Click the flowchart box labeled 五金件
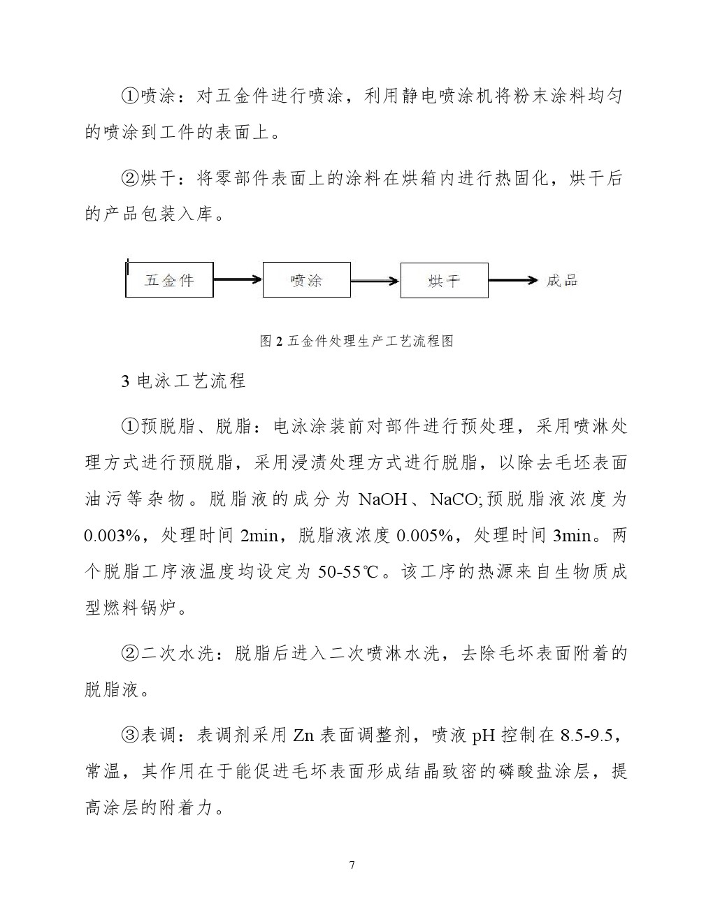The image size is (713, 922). pyautogui.click(x=169, y=280)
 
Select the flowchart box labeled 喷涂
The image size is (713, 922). pyautogui.click(x=306, y=280)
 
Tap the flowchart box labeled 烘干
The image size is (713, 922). pyautogui.click(x=444, y=281)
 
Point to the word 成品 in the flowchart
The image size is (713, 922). pyautogui.click(x=562, y=281)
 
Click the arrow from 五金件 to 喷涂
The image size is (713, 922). pyautogui.click(x=238, y=280)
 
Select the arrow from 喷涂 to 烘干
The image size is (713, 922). pyautogui.click(x=375, y=281)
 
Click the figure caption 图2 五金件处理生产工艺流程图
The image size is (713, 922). pyautogui.click(x=356, y=341)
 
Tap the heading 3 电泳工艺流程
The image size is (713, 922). pyautogui.click(x=183, y=381)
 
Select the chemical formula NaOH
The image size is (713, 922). pyautogui.click(x=382, y=499)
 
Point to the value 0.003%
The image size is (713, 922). pyautogui.click(x=113, y=536)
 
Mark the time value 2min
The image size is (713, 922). pyautogui.click(x=259, y=536)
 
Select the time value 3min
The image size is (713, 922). pyautogui.click(x=572, y=536)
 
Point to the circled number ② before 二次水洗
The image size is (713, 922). pyautogui.click(x=131, y=654)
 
